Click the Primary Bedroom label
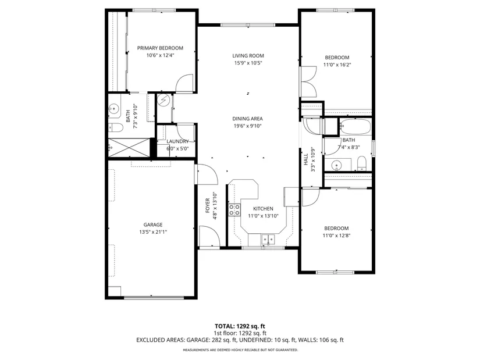[160, 48]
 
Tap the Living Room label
[248, 56]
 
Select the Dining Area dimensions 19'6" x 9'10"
[248, 126]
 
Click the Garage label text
[153, 224]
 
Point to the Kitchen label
[263, 209]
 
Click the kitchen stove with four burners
[234, 210]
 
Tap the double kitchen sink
[268, 238]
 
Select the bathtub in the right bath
[355, 127]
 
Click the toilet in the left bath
[115, 127]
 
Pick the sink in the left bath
[114, 108]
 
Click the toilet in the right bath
[362, 163]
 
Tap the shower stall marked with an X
[129, 148]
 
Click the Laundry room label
[177, 141]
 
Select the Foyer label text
[208, 205]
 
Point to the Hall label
[306, 159]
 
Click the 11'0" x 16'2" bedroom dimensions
[337, 65]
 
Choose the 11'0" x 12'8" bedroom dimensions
[336, 236]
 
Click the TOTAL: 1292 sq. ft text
[240, 326]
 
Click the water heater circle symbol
[163, 100]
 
